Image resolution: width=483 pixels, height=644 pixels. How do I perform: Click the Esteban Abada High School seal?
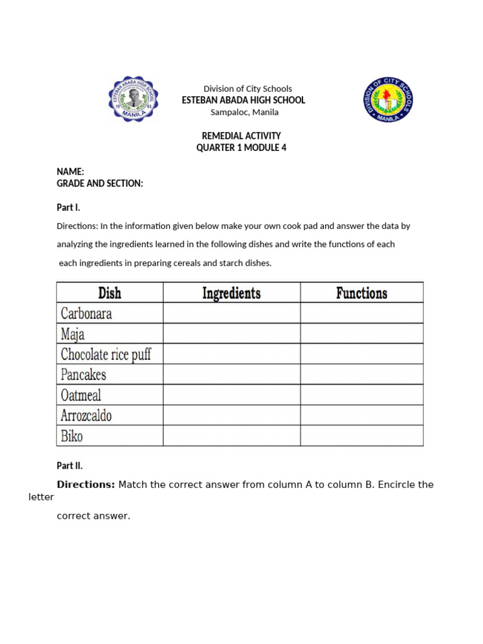pos(133,99)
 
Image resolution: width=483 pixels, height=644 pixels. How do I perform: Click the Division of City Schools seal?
pos(388,99)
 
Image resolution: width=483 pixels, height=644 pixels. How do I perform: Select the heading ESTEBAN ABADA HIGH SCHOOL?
pos(243,101)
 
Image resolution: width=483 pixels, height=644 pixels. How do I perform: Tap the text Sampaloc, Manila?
pos(244,113)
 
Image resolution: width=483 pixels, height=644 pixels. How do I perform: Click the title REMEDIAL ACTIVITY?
pos(241,136)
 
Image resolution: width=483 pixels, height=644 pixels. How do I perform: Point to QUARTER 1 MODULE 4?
pos(241,148)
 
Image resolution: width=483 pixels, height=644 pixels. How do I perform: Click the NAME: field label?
pos(70,172)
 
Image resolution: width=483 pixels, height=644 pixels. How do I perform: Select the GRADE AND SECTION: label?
pos(100,184)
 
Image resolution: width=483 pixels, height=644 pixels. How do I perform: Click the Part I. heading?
pos(69,207)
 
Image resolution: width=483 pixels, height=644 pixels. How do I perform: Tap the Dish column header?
pos(109,293)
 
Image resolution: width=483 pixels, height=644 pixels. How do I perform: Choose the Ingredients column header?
pos(231,293)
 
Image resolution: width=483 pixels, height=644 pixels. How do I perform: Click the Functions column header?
pos(362,293)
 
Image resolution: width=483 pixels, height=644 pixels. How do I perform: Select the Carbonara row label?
pos(86,313)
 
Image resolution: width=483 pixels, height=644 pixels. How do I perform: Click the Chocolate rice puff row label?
pos(106,354)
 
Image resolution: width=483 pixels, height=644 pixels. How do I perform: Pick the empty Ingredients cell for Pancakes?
pos(231,375)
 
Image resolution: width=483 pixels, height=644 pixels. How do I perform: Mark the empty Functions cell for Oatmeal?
pos(362,395)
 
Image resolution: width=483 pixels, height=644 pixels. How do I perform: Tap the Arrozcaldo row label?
pos(86,416)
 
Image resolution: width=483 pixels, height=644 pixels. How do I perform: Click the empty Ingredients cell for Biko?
pos(231,436)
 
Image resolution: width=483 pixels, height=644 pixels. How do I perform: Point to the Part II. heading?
pos(70,466)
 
